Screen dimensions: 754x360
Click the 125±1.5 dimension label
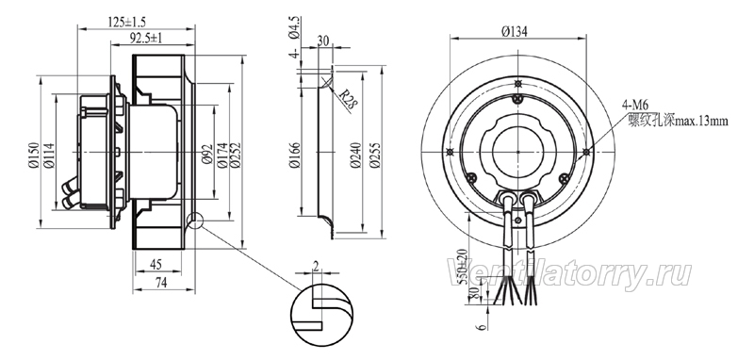pyautogui.click(x=127, y=22)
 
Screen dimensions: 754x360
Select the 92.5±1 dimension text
pyautogui.click(x=147, y=38)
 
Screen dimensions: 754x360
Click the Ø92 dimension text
pyautogui.click(x=207, y=155)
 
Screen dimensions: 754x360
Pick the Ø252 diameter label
pyautogui.click(x=235, y=155)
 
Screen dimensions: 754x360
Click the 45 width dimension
pyautogui.click(x=156, y=265)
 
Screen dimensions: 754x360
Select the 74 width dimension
pyautogui.click(x=160, y=283)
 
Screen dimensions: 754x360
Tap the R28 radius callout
pyautogui.click(x=346, y=100)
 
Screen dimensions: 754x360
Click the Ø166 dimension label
pyautogui.click(x=294, y=155)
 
